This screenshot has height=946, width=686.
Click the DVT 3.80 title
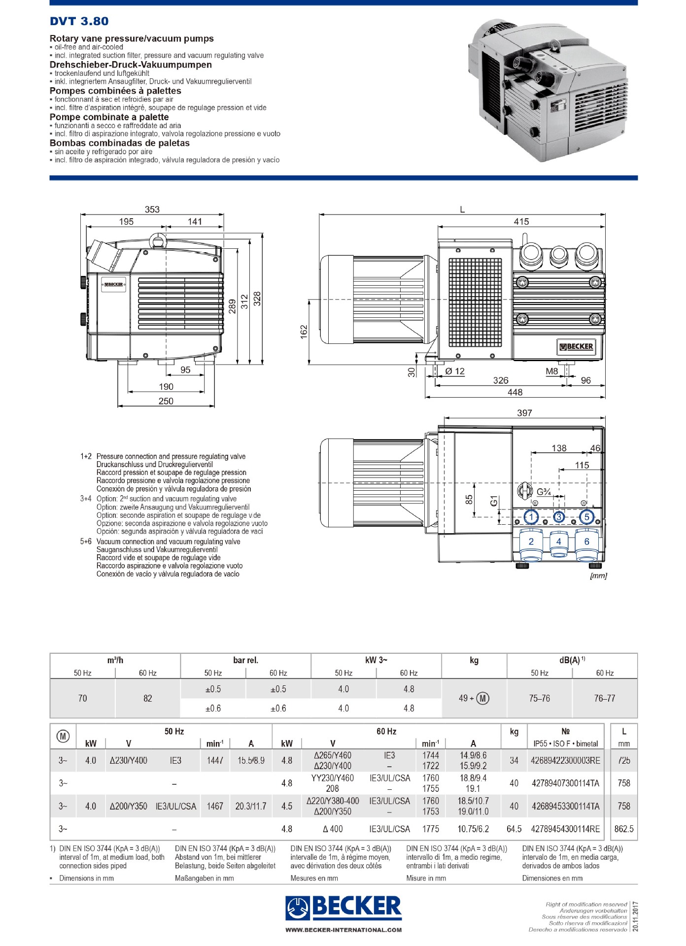(79, 21)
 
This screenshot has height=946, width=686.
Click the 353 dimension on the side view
(152, 209)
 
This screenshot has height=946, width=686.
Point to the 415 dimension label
(521, 222)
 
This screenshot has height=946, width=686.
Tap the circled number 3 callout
(558, 517)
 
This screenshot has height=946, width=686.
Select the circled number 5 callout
(586, 517)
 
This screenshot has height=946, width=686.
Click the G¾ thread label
(544, 492)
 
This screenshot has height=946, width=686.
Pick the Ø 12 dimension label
(454, 371)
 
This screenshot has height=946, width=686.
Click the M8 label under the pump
(552, 371)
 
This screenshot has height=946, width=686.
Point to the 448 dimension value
(515, 392)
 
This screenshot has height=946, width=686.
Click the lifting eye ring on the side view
(159, 241)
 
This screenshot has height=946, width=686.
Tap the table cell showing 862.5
(623, 829)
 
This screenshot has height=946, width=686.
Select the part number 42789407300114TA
(565, 783)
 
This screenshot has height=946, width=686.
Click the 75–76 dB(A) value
(539, 698)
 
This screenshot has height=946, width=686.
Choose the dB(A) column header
(572, 660)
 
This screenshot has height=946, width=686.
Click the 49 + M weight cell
(474, 698)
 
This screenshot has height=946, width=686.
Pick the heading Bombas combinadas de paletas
(119, 143)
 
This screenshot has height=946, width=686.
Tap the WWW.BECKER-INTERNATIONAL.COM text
(343, 930)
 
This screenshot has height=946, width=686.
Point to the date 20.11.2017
(635, 916)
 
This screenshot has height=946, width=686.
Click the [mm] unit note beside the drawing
(598, 575)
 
